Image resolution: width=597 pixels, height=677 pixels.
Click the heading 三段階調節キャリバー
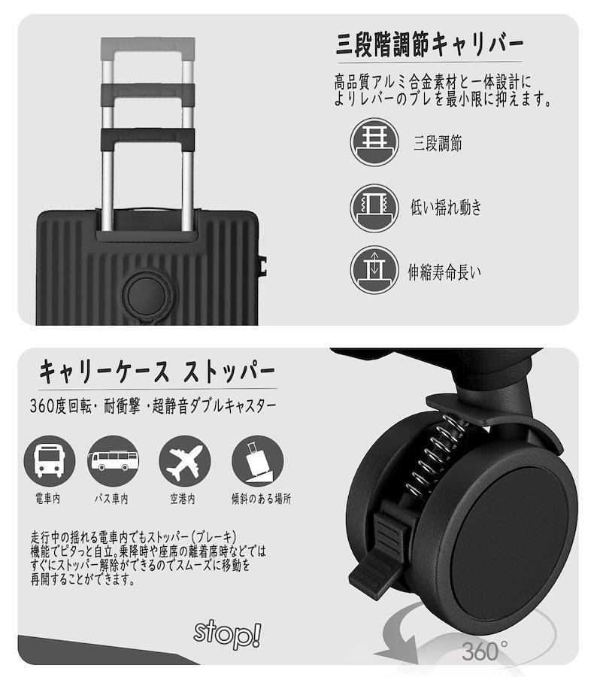click(x=429, y=44)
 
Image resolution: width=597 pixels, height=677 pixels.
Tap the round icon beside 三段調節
click(x=374, y=142)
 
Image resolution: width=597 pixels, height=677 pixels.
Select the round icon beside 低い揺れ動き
click(x=374, y=208)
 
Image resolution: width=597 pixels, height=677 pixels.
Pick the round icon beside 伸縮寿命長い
click(x=374, y=270)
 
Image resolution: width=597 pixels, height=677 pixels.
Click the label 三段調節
click(x=438, y=143)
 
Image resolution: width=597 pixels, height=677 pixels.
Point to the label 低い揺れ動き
click(x=446, y=208)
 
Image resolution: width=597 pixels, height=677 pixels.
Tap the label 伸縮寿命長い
click(x=444, y=272)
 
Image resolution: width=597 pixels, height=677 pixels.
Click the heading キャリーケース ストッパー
click(x=157, y=372)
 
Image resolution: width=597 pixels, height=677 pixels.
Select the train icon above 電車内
click(x=49, y=461)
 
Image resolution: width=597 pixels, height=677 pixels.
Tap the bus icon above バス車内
click(x=113, y=461)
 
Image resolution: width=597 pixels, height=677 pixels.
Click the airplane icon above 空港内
click(x=185, y=461)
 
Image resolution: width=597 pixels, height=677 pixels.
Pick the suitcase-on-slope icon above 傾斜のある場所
click(x=258, y=461)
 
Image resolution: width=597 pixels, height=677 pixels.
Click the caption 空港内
click(x=183, y=499)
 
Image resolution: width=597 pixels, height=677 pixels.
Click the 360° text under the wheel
click(x=484, y=651)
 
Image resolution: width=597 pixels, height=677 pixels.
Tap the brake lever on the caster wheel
click(x=377, y=555)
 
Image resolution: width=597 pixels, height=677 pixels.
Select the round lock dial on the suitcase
click(x=147, y=293)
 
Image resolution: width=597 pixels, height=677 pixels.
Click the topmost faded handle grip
click(x=148, y=45)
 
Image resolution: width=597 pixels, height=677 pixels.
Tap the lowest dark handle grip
click(x=148, y=139)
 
